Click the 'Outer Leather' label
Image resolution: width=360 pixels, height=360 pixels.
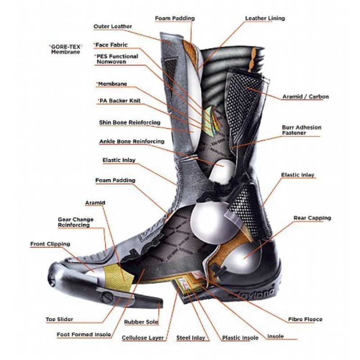click(x=112, y=27)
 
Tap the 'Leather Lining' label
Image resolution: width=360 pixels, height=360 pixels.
click(x=265, y=18)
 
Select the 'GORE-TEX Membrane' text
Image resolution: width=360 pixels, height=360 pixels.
click(x=66, y=49)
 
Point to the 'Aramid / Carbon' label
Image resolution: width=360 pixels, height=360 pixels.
click(x=306, y=96)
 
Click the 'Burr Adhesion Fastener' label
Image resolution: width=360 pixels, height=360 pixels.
click(x=301, y=130)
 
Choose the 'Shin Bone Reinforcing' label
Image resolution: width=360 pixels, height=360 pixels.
click(x=130, y=122)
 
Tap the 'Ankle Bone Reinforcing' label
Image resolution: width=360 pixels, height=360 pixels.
click(x=132, y=141)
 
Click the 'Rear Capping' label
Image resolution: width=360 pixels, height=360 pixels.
click(x=312, y=218)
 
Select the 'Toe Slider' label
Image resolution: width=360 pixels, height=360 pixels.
click(x=59, y=319)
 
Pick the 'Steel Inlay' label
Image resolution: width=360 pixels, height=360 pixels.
click(x=190, y=338)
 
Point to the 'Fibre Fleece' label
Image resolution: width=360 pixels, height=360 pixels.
click(x=305, y=319)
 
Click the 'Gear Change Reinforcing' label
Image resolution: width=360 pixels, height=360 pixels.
click(x=76, y=222)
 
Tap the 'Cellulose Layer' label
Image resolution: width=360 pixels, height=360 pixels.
click(x=143, y=338)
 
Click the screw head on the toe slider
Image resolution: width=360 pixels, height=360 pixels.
click(x=107, y=297)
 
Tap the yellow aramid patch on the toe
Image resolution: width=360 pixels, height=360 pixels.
click(x=119, y=277)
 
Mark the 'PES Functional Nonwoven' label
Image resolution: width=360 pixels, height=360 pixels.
click(x=117, y=59)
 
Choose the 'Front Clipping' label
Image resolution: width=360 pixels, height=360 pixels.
click(x=50, y=244)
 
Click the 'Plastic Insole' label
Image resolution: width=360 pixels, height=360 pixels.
click(x=240, y=338)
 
